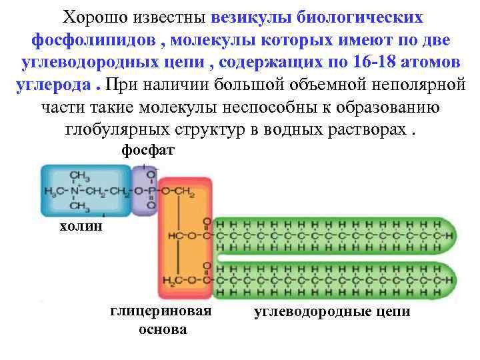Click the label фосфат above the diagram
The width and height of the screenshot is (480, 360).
[147, 151]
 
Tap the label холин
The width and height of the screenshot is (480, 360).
[81, 227]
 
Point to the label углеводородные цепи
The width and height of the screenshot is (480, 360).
[332, 312]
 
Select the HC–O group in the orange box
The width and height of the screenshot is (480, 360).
[183, 236]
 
